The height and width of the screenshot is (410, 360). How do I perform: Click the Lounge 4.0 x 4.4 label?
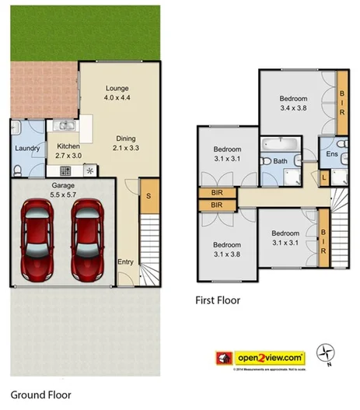[x=117, y=93]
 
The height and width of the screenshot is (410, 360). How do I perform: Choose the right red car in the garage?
[x=86, y=237]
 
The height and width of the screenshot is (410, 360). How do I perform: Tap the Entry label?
[x=125, y=261]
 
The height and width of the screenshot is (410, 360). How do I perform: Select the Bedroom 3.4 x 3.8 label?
[x=294, y=103]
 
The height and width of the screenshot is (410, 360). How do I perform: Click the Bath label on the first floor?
[x=280, y=161]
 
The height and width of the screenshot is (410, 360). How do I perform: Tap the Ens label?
[x=333, y=155]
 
